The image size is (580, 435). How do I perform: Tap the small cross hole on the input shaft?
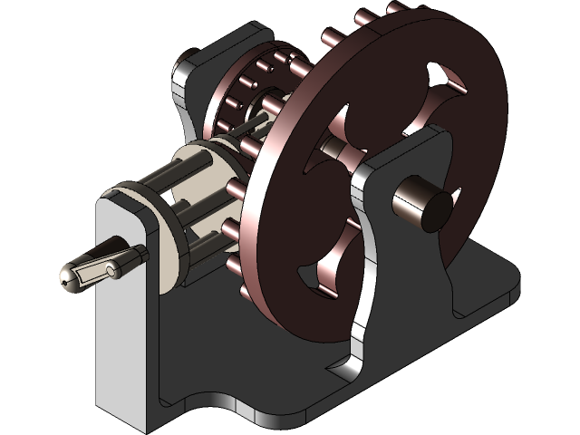click(111, 270)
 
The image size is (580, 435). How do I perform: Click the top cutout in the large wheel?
click(444, 86)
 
